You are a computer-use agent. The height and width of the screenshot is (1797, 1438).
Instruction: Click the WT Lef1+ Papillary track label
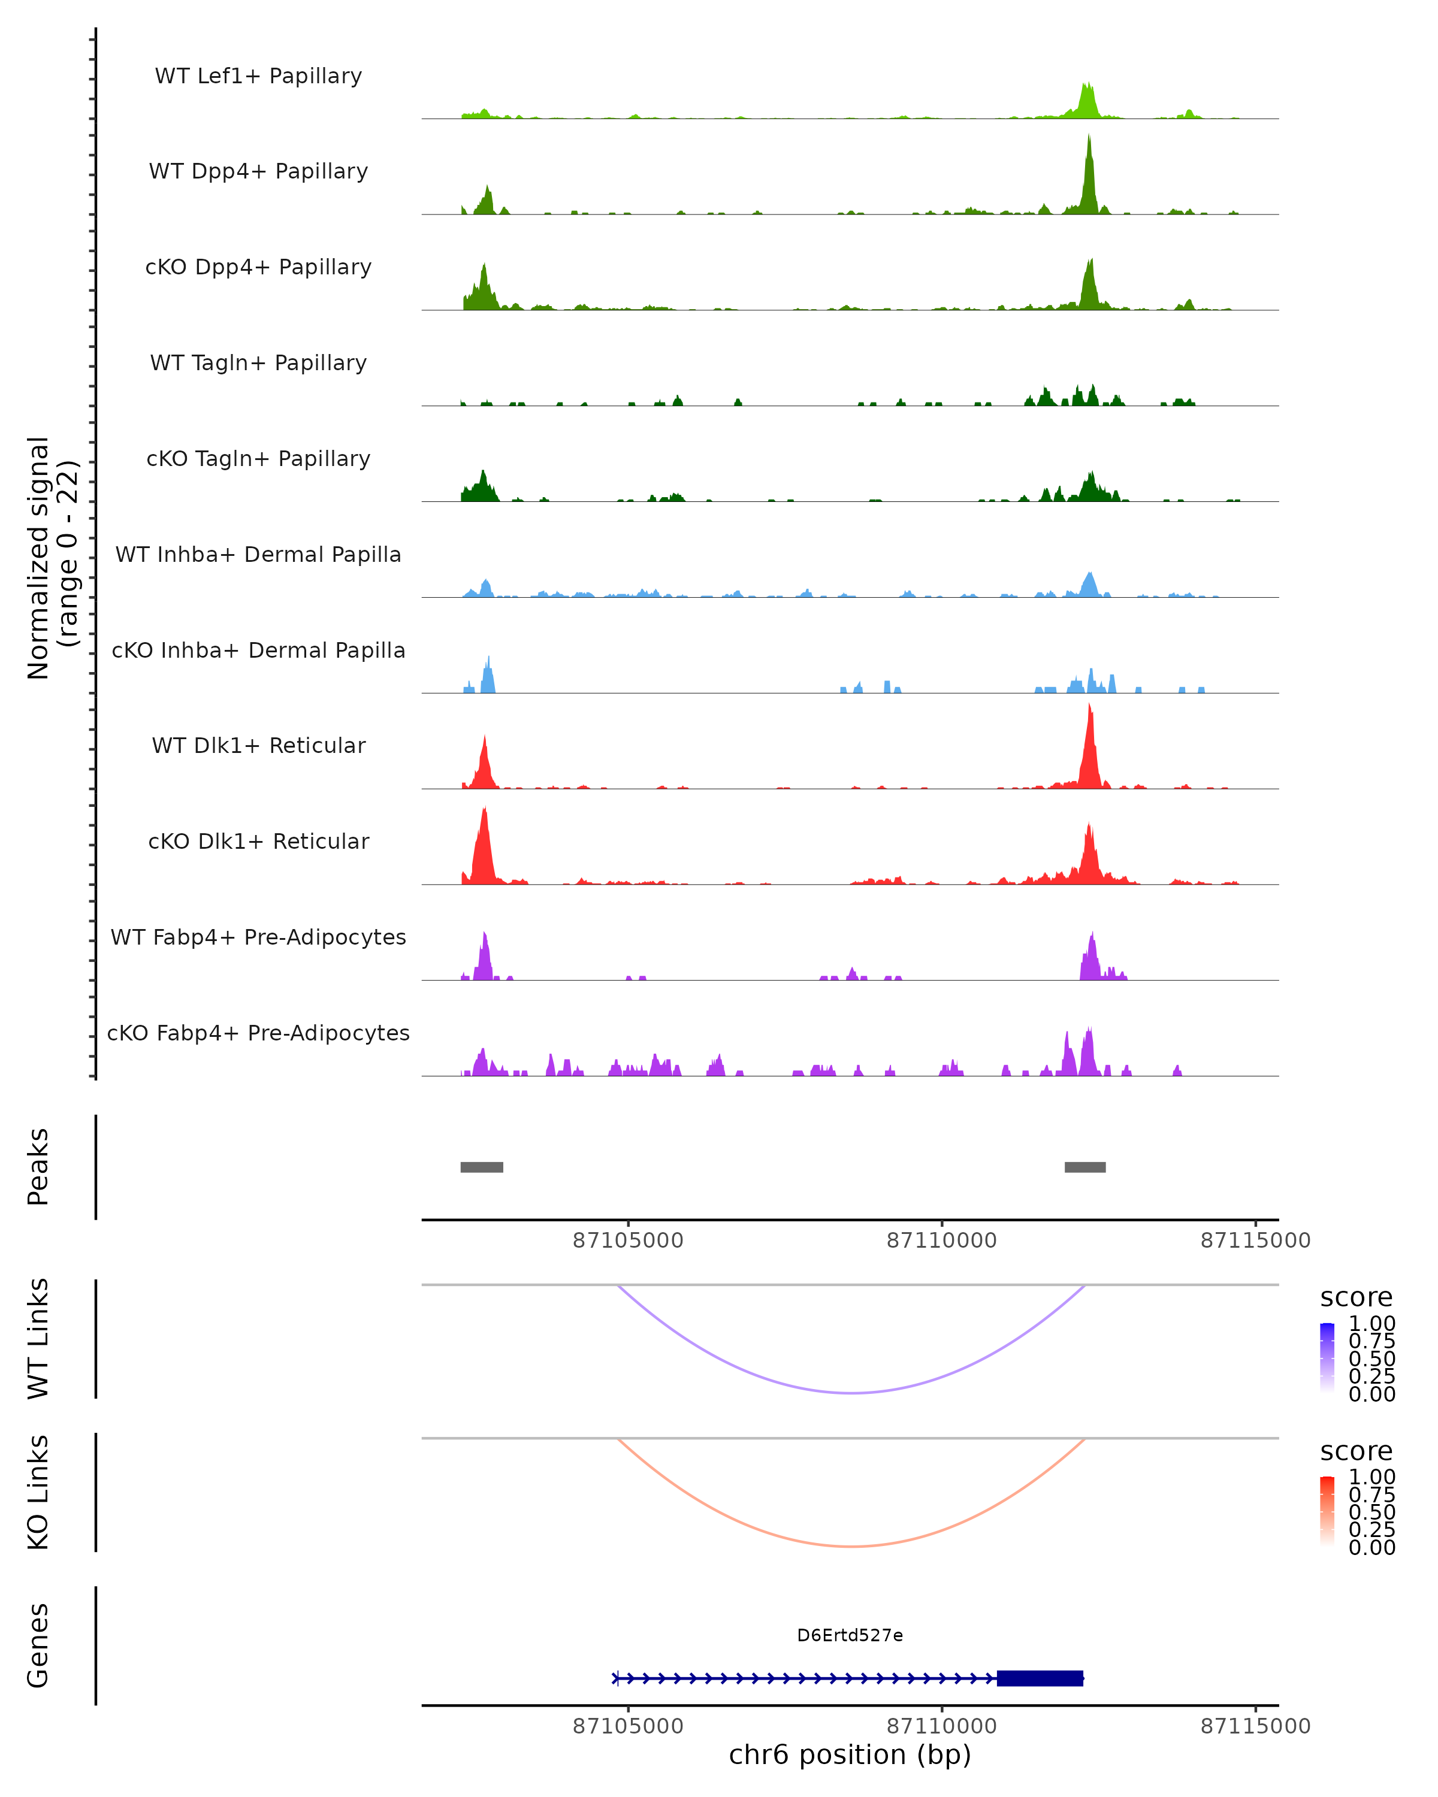point(258,76)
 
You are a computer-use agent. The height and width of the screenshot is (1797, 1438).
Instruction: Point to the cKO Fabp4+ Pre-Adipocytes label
point(258,1033)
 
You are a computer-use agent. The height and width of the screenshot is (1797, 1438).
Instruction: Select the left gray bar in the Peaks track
point(482,1167)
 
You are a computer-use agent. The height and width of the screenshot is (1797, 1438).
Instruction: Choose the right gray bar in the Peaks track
point(1084,1167)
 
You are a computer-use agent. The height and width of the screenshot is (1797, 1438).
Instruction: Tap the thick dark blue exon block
point(1040,1678)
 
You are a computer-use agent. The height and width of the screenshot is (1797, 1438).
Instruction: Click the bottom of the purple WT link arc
point(851,1393)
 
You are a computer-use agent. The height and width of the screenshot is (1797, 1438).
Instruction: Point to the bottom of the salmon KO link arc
point(851,1546)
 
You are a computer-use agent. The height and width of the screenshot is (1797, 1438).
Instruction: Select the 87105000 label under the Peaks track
point(628,1241)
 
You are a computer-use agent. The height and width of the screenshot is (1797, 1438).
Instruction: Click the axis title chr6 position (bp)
point(850,1754)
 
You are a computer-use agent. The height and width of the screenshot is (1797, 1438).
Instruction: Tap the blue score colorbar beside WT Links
point(1327,1357)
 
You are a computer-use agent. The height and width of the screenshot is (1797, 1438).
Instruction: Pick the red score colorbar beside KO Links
point(1327,1510)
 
